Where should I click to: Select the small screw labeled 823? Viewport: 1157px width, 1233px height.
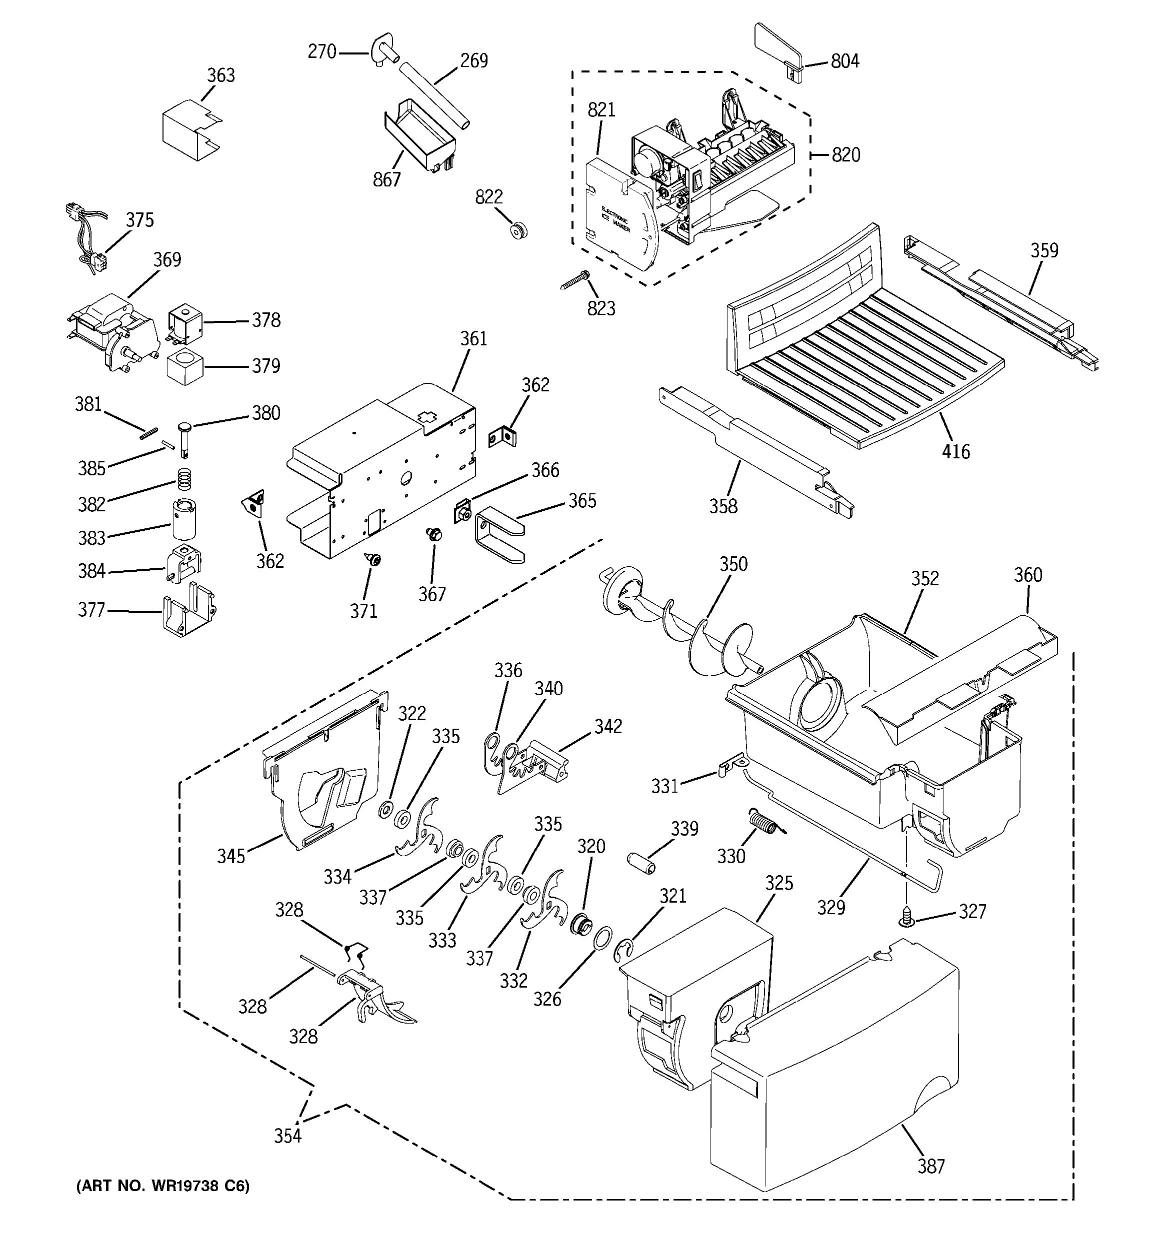pos(574,280)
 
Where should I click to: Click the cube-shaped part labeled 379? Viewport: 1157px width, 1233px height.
pos(185,366)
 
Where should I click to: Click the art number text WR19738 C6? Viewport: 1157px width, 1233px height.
pos(162,1186)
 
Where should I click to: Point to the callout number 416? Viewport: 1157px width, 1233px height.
pos(955,451)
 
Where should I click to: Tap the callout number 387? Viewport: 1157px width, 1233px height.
pos(930,1166)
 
